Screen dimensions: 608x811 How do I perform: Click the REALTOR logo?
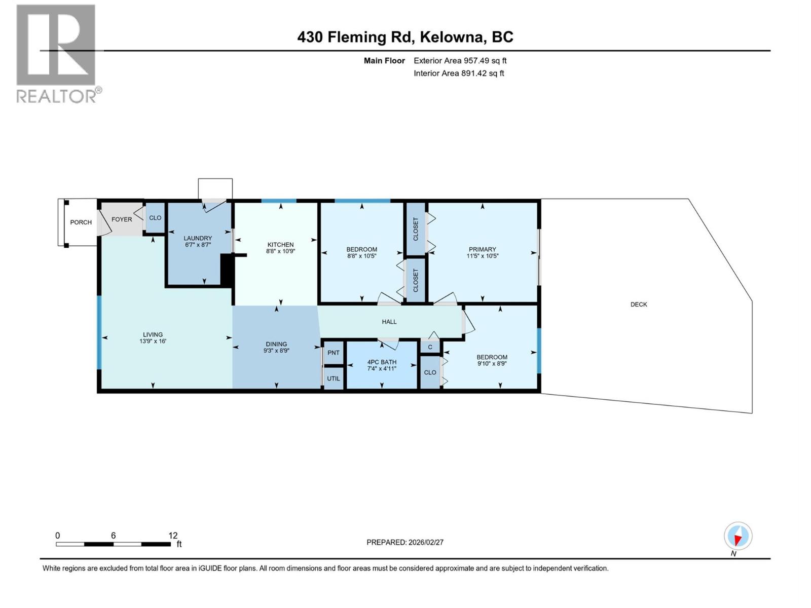[x=56, y=53]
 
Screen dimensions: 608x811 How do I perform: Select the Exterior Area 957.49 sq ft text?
[x=460, y=60]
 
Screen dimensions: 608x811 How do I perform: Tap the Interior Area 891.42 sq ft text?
[x=459, y=73]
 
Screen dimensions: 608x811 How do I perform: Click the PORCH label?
[x=81, y=222]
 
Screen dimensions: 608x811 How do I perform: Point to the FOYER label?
[x=122, y=219]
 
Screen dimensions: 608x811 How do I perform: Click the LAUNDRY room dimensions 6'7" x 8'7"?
[x=198, y=245]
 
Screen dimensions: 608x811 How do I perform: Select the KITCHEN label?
[x=280, y=245]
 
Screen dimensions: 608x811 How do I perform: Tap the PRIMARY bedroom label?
[x=482, y=249]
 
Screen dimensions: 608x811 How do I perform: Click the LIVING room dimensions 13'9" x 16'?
[x=153, y=341]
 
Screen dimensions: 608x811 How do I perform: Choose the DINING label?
[x=276, y=344]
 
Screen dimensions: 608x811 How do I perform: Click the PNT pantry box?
[x=334, y=353]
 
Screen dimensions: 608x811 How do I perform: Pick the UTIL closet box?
[x=334, y=378]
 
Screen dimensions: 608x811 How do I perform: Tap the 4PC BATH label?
[x=382, y=362]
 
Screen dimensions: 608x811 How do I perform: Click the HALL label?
[x=389, y=322]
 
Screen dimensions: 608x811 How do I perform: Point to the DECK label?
[x=639, y=305]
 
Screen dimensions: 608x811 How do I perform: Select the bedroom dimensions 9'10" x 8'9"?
[x=492, y=363]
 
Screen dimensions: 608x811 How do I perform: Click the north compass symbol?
[x=738, y=536]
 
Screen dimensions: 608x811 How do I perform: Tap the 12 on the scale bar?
[x=173, y=536]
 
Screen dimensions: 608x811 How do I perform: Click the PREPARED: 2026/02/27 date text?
[x=405, y=542]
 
